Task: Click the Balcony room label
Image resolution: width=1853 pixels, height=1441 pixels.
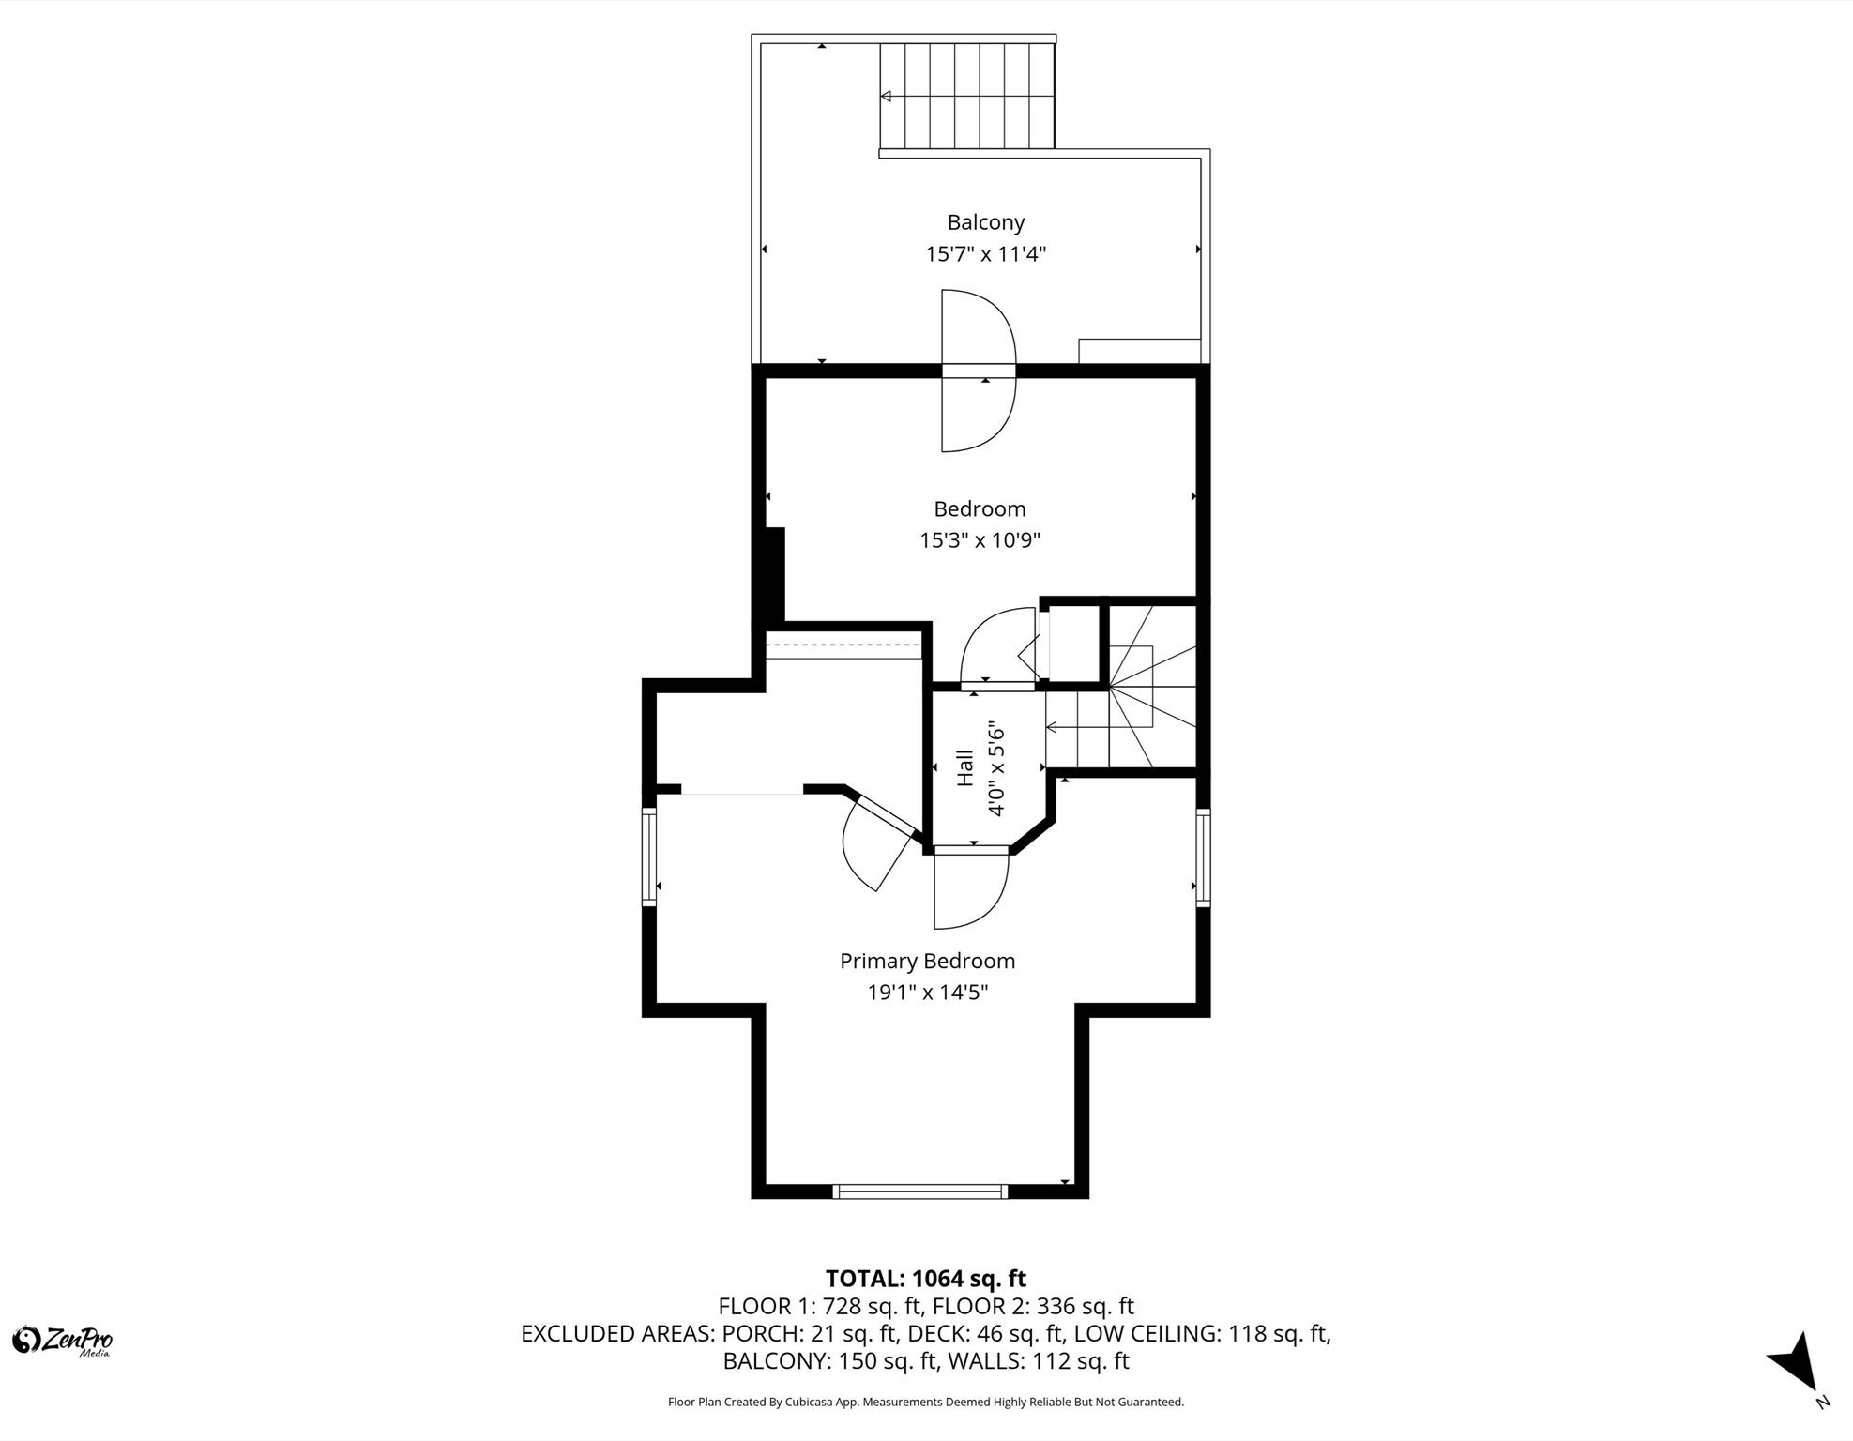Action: tap(985, 222)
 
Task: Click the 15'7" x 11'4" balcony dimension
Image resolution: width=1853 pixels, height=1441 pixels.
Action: tap(985, 254)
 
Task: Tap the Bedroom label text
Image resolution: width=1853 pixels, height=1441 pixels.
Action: tap(980, 508)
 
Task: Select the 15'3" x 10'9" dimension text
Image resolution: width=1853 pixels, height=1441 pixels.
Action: tap(980, 540)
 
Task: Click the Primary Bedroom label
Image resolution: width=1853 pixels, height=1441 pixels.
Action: tap(927, 961)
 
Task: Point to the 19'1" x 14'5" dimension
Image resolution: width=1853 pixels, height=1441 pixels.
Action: tap(927, 993)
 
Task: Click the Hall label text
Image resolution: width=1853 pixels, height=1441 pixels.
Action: tap(964, 768)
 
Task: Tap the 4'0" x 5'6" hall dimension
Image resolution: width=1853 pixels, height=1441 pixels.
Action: tap(995, 768)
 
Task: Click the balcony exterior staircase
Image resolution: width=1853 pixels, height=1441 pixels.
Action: tap(966, 96)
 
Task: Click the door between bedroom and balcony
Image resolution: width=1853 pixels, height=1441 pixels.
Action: tap(979, 372)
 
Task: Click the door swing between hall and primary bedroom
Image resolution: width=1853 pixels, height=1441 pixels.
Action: tap(971, 887)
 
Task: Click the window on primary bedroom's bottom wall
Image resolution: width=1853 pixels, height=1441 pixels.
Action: tap(919, 1191)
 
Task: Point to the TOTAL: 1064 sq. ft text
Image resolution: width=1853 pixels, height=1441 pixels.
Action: tap(925, 1279)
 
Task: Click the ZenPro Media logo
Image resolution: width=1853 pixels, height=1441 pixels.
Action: tap(62, 1341)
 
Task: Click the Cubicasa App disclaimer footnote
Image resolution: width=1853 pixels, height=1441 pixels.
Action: tap(925, 1402)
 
